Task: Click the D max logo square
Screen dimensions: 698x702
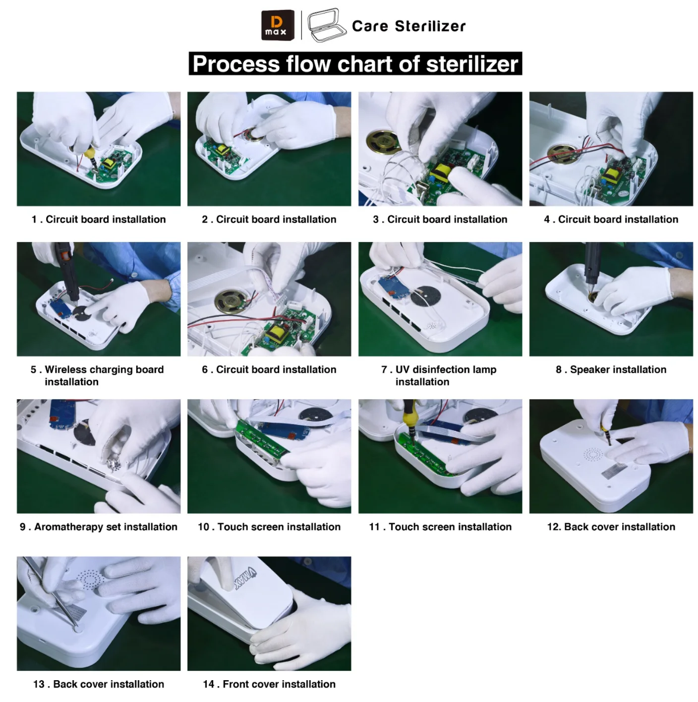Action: coord(277,25)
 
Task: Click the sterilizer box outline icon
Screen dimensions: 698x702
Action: coord(326,25)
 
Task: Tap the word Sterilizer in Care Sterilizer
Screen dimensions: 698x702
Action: coord(430,26)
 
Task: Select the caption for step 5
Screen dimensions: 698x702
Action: coord(97,375)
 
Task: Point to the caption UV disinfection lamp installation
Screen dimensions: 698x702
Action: coord(439,375)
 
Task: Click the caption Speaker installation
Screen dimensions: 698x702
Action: coord(611,369)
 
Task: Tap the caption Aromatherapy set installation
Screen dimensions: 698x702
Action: coord(98,527)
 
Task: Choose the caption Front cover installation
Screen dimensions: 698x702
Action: coord(269,684)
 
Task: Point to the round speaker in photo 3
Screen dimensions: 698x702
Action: coord(383,142)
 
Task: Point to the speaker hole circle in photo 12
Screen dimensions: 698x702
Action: coord(593,455)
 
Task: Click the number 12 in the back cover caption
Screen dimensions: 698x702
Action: coord(554,527)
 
